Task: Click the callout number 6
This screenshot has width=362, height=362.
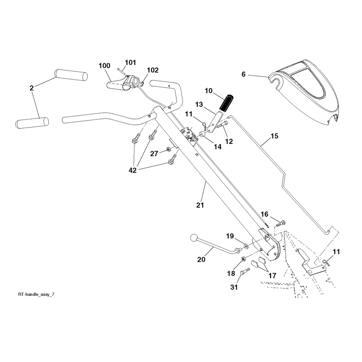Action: (x=243, y=74)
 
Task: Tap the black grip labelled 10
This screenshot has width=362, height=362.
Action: (x=226, y=102)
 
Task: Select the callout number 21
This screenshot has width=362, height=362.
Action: (x=200, y=205)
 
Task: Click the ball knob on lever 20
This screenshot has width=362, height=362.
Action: (x=194, y=238)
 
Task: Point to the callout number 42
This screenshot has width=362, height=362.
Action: (x=133, y=171)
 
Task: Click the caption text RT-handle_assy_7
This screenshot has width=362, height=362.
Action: (x=36, y=295)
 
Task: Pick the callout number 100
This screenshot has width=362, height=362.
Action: (x=105, y=66)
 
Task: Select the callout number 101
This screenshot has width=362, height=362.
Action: (x=130, y=62)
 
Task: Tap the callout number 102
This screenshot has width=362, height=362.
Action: (x=153, y=70)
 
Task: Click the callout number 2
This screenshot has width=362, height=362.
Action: (x=32, y=88)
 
